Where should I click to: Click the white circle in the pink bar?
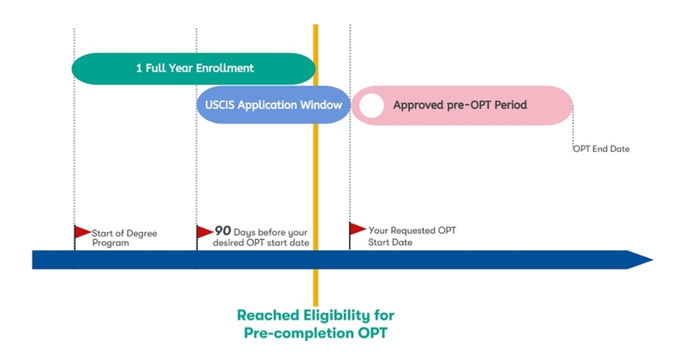(x=371, y=105)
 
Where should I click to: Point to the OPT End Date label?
(x=601, y=149)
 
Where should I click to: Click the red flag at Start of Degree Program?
(x=82, y=231)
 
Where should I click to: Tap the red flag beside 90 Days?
(x=205, y=231)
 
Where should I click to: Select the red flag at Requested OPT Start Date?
(x=358, y=228)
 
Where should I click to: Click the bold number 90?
(x=222, y=231)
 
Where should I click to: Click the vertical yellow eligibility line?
(x=316, y=171)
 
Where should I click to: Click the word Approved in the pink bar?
(x=421, y=105)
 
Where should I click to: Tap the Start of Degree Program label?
(x=123, y=237)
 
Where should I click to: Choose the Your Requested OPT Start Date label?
(x=403, y=237)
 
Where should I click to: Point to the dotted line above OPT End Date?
(x=573, y=124)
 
